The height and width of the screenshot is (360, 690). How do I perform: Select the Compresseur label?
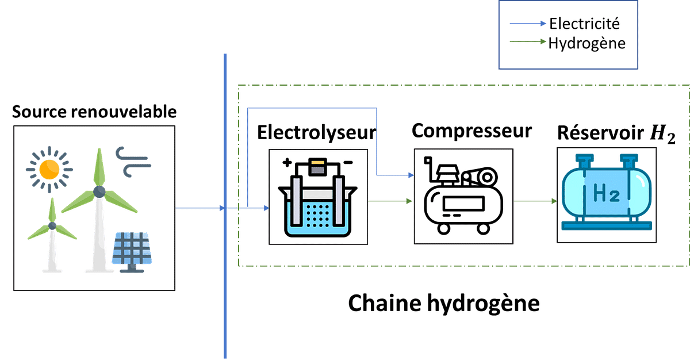tap(471, 131)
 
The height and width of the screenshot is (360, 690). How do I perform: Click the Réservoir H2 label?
tap(616, 133)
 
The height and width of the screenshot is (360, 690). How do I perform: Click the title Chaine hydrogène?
tap(444, 303)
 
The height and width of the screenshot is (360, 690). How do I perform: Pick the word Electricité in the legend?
tap(585, 24)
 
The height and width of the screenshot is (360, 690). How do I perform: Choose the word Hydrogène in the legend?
tap(586, 43)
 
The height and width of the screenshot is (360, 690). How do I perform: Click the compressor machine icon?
tap(463, 196)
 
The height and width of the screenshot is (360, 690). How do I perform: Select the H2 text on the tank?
tap(606, 195)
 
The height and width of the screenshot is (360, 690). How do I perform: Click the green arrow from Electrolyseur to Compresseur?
tap(390, 201)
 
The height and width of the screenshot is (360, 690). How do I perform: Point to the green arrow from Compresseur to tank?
tap(535, 201)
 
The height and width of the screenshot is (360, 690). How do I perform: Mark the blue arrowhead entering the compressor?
tap(410, 175)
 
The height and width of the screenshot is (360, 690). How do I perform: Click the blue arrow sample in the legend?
tap(528, 24)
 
